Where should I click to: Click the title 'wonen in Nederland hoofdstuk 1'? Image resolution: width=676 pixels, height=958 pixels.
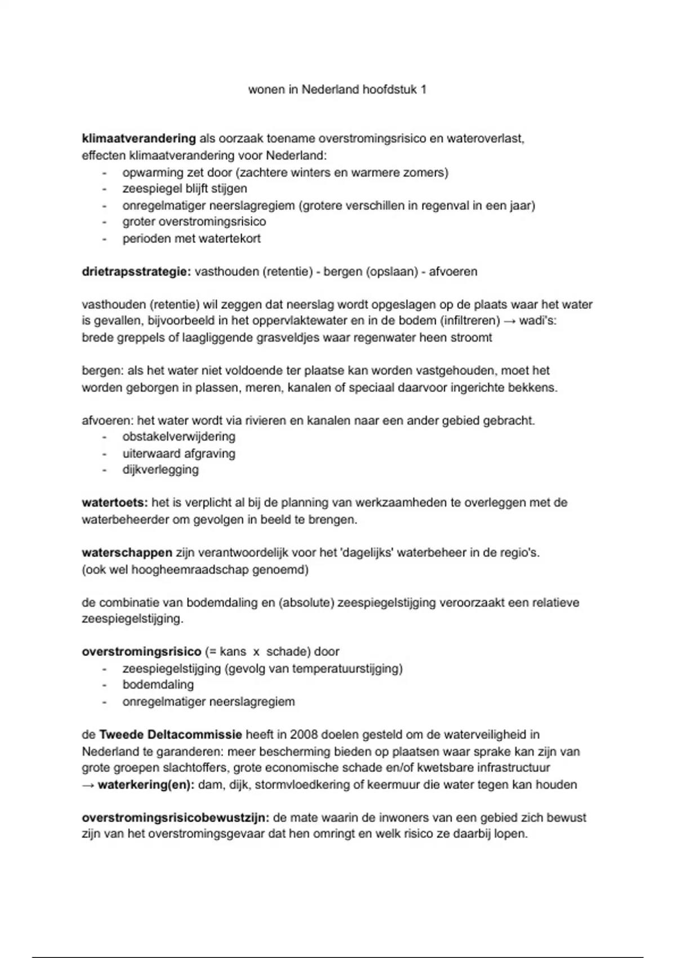pyautogui.click(x=337, y=90)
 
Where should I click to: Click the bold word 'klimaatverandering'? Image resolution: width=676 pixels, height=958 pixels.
pyautogui.click(x=139, y=139)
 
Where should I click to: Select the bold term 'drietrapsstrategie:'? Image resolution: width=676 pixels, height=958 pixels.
pyautogui.click(x=136, y=272)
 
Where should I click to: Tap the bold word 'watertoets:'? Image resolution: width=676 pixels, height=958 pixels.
pyautogui.click(x=115, y=502)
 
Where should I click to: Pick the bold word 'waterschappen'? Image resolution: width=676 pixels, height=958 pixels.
pyautogui.click(x=127, y=552)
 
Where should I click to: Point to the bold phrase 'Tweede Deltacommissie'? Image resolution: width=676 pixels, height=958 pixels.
pyautogui.click(x=171, y=734)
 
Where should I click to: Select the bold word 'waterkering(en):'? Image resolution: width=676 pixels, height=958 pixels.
pyautogui.click(x=146, y=784)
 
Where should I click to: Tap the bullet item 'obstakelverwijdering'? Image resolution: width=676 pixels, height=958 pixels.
pyautogui.click(x=179, y=437)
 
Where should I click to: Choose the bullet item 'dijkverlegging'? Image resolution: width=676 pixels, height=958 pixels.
pyautogui.click(x=161, y=469)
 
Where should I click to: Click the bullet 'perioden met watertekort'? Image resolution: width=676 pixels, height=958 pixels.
pyautogui.click(x=192, y=238)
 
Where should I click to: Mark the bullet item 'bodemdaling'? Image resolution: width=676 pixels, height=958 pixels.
pyautogui.click(x=158, y=685)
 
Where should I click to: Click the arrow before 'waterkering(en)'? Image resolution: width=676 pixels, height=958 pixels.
pyautogui.click(x=88, y=784)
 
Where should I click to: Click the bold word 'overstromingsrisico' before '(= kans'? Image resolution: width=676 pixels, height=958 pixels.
pyautogui.click(x=141, y=651)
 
